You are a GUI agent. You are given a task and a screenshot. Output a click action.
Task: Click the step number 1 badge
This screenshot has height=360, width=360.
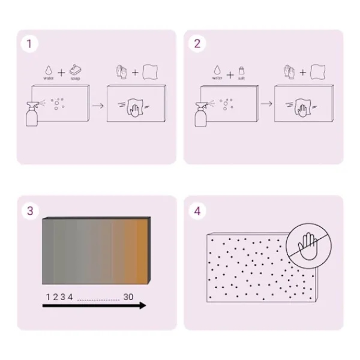[x=29, y=44]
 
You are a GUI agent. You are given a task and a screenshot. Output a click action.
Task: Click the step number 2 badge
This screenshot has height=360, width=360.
[x=197, y=43]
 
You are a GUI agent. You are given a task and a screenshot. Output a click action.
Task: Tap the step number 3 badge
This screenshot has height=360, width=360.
[x=30, y=211]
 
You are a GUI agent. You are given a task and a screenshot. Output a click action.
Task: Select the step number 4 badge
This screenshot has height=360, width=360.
[x=197, y=211]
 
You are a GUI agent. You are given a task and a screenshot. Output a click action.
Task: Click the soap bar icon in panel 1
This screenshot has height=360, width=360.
[x=76, y=70]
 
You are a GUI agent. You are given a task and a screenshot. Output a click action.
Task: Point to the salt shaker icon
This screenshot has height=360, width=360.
[x=241, y=70]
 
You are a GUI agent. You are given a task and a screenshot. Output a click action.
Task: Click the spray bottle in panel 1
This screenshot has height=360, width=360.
[x=32, y=114]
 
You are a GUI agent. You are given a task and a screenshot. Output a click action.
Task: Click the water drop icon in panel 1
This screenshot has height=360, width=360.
[x=49, y=70]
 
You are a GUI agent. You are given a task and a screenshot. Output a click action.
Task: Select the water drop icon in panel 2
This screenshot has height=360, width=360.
[x=217, y=70]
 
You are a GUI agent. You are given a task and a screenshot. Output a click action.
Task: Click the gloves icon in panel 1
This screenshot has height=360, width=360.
[x=122, y=72]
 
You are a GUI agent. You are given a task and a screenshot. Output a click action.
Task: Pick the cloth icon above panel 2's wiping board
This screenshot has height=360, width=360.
[x=318, y=72]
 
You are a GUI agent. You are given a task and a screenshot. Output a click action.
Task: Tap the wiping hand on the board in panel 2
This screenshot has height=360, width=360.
[x=302, y=107]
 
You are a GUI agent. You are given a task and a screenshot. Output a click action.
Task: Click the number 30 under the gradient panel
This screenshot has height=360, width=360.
[x=128, y=297]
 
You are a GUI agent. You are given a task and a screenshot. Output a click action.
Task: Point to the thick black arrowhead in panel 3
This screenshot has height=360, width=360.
[x=143, y=305]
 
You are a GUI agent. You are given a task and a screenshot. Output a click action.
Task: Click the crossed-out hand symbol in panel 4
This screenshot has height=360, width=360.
[x=308, y=246]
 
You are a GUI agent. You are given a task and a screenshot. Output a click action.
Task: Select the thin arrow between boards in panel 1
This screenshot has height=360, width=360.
[x=98, y=106]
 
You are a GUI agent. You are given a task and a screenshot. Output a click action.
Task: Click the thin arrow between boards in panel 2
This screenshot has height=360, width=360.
[x=266, y=104]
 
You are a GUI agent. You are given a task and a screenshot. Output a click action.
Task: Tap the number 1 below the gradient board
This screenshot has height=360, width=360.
[x=48, y=297]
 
